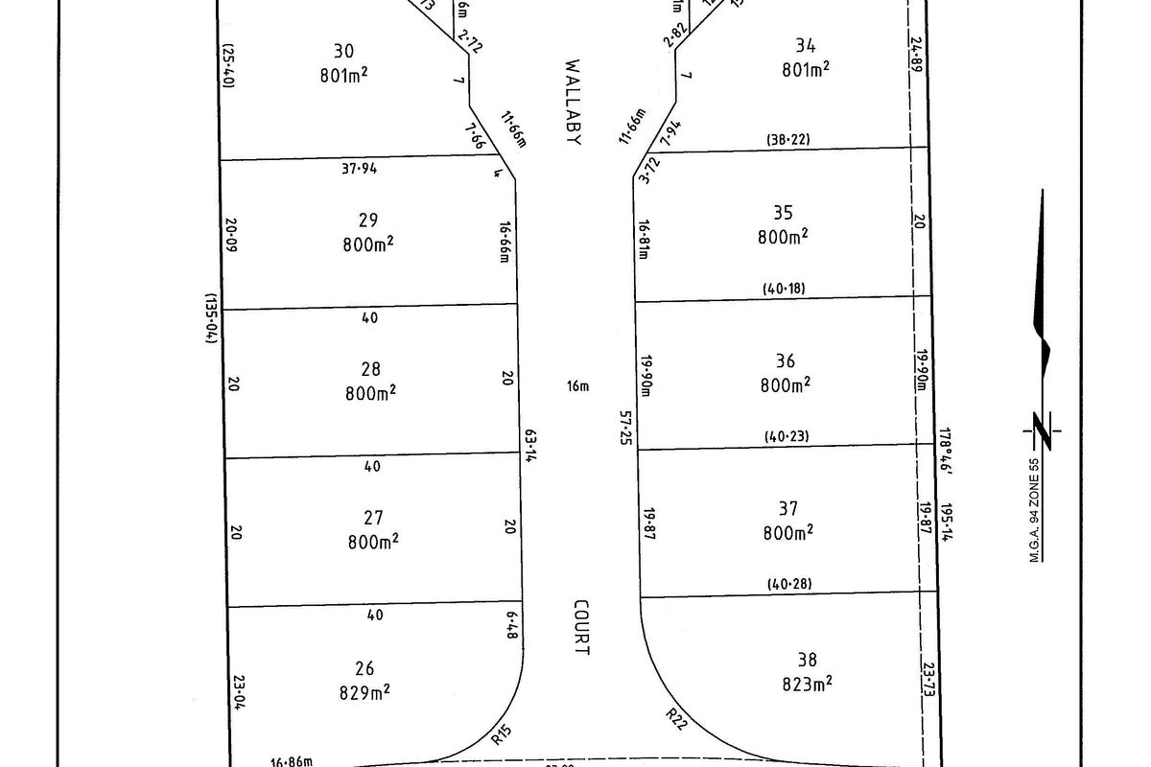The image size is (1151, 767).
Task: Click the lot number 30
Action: [x=343, y=51]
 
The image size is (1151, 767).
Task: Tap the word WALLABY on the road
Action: [x=574, y=103]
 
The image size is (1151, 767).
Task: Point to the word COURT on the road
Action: [x=581, y=628]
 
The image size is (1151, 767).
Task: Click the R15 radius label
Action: [x=501, y=736]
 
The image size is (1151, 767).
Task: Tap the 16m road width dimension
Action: [x=577, y=386]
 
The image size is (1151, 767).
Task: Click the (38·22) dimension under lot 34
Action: [x=787, y=139]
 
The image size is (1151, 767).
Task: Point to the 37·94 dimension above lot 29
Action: [x=359, y=170]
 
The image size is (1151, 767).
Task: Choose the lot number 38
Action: [x=808, y=660]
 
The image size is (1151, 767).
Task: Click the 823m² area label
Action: [x=808, y=684]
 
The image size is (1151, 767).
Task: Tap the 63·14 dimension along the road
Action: [x=529, y=446]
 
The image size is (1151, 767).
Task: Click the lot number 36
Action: [x=785, y=361]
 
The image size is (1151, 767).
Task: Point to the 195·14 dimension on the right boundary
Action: [x=947, y=523]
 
